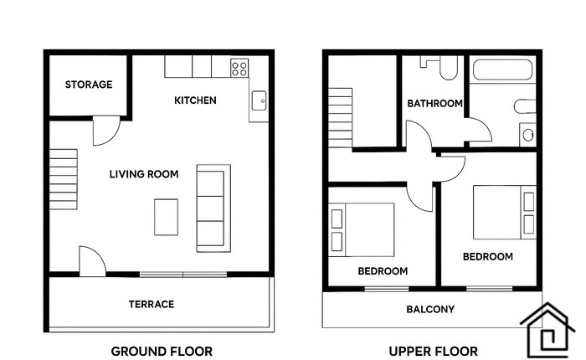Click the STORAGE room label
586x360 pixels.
coord(89,85)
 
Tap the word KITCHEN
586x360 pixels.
coord(195,100)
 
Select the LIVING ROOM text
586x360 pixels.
coord(144,174)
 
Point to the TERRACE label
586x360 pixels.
coord(152,304)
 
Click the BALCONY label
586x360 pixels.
coord(430,309)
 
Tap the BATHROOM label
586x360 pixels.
coord(434,103)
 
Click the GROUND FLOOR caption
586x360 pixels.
coord(162,352)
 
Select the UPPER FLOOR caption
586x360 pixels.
coord(433,352)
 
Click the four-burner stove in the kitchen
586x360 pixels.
coord(239,68)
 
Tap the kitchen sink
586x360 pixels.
coord(259,100)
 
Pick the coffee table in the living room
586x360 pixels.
coord(166,217)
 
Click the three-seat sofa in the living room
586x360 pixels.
coord(213,208)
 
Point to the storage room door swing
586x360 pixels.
coord(106,130)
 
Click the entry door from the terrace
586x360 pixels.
coord(92,261)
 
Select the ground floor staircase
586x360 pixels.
coord(63,179)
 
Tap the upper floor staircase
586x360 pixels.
coord(340,118)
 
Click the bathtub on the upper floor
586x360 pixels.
coord(502,69)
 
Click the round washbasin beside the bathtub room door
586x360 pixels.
coord(528,135)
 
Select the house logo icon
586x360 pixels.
coord(547,330)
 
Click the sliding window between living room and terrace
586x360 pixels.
coord(183,275)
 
